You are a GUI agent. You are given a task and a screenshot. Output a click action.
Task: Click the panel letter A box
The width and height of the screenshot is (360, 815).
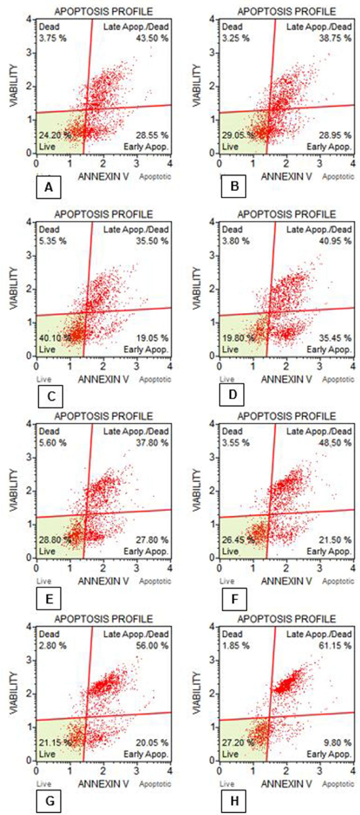pos(49,187)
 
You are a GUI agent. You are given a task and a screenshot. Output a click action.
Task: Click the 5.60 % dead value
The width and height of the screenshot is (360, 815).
pos(53,443)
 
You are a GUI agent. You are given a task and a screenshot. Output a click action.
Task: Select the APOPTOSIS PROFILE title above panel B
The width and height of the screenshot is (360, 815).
pos(287,12)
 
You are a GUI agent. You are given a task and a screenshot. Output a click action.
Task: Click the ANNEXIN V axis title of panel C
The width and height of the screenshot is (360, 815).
pos(103,379)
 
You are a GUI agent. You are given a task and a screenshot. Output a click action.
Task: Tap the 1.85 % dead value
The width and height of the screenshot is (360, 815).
pos(236,645)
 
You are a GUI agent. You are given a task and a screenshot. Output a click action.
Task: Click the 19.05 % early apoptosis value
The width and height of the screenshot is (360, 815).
pos(152,338)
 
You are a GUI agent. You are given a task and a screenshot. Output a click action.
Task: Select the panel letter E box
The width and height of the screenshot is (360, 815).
pos(49,599)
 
